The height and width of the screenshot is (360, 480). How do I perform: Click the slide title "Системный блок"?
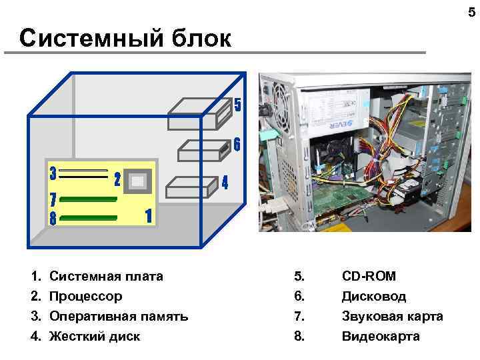click(x=125, y=38)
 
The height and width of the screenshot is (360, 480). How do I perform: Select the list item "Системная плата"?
click(x=106, y=276)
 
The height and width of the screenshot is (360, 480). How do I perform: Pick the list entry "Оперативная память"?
click(x=119, y=316)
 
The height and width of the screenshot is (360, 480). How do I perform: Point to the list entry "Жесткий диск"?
click(x=95, y=336)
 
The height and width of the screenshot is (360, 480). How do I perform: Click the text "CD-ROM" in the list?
click(x=369, y=276)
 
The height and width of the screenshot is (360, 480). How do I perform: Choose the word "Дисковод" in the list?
click(x=374, y=296)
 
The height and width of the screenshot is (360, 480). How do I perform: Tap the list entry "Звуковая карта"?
click(x=392, y=316)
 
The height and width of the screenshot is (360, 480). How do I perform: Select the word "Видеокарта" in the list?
click(x=381, y=336)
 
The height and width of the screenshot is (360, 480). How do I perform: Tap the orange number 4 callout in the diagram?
click(x=225, y=182)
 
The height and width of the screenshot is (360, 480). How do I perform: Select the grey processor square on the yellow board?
click(x=139, y=181)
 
